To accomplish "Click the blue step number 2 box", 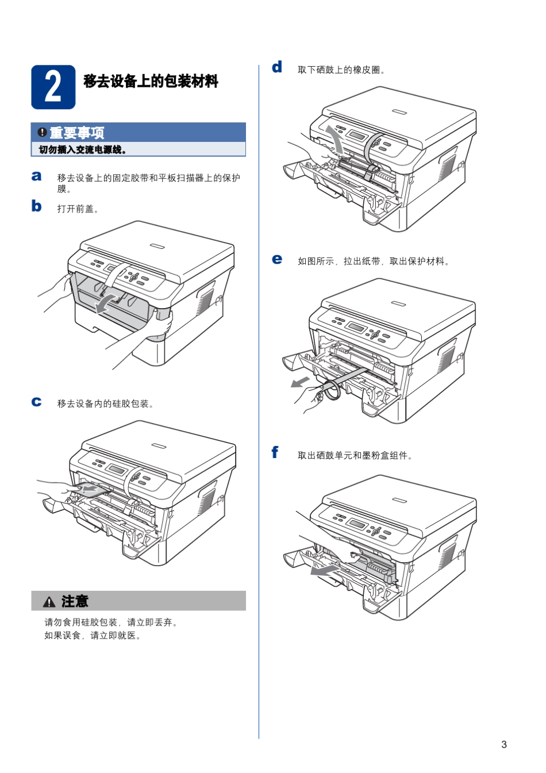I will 53,87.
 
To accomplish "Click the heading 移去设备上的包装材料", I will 151,81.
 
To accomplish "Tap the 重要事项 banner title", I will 76,133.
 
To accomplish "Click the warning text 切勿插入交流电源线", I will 82,149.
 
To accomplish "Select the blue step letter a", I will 36,176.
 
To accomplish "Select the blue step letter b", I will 36,206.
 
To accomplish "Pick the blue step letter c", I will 36,402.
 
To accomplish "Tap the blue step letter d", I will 277,67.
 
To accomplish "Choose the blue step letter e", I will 277,259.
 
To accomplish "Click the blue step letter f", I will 275,453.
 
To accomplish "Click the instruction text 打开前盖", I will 78,209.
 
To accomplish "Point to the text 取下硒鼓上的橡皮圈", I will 341,70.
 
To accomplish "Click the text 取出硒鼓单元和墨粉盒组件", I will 355,455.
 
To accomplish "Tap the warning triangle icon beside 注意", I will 49,602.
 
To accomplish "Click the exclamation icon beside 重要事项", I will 42,133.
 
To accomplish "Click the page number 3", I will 504,744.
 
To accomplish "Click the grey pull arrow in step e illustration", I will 300,382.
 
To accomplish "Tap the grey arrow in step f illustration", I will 324,570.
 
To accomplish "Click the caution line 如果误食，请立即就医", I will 93,635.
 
